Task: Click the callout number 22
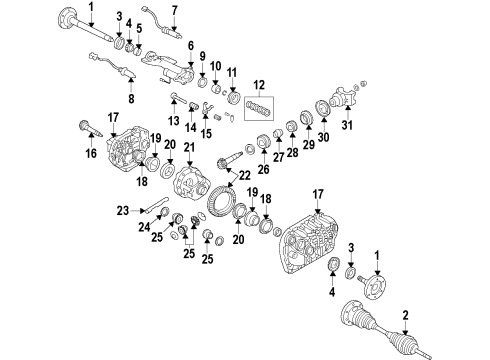click(x=240, y=173)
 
